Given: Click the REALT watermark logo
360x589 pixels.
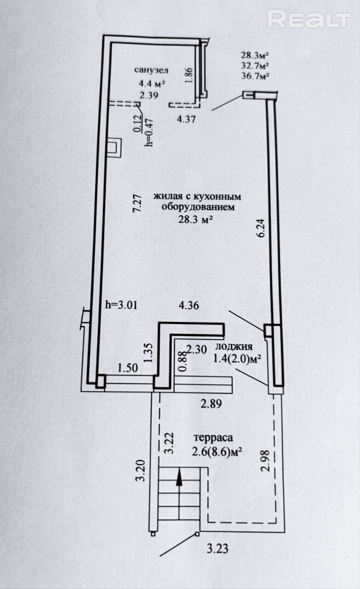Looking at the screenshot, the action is [309, 18].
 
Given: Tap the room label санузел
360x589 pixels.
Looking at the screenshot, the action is [151, 70].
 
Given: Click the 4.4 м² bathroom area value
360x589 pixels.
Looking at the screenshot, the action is [152, 84].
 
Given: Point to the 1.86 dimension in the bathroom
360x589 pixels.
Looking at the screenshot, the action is [189, 75].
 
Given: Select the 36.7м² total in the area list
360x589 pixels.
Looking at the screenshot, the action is [255, 76].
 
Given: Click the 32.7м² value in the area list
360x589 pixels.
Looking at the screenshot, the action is [255, 66].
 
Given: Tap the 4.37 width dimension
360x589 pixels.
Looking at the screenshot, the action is [186, 119].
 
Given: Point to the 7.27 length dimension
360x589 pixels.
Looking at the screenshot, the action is [137, 203].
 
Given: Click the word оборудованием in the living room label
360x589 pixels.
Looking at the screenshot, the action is [198, 207].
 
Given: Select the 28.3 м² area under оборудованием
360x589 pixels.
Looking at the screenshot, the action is [195, 219].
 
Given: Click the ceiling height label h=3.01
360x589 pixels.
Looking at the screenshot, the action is [121, 305].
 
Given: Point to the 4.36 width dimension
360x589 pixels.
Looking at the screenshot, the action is [189, 306].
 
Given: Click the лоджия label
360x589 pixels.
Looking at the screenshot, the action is [234, 347].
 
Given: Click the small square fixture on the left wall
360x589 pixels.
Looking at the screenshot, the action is [114, 148].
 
